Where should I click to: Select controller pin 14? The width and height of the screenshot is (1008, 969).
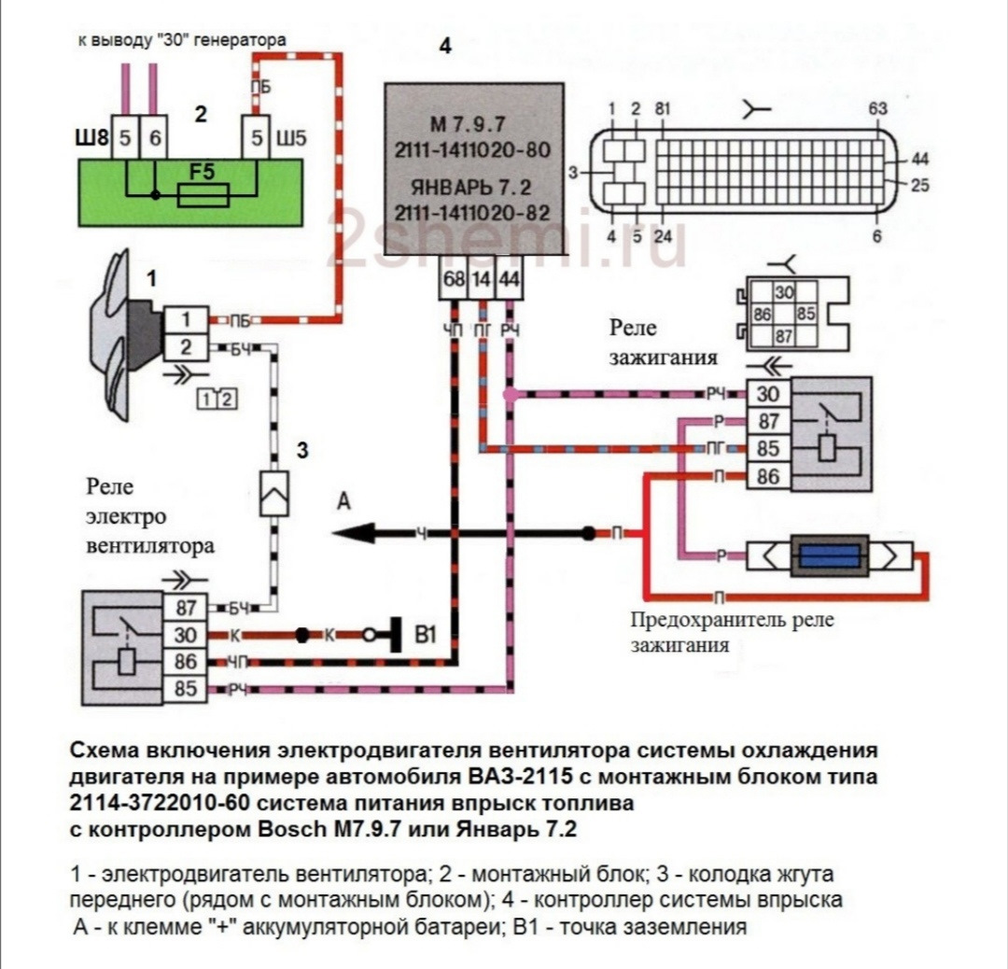[x=482, y=279]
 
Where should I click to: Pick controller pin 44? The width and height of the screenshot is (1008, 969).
[x=510, y=279]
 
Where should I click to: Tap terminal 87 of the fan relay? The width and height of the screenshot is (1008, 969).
[x=186, y=608]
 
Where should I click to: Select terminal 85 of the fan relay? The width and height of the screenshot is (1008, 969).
[x=186, y=691]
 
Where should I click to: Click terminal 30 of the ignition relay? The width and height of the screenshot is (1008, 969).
[x=769, y=393]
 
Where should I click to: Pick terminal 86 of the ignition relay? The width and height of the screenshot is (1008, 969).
[x=769, y=477]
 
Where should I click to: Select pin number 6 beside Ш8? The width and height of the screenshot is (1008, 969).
[x=155, y=139]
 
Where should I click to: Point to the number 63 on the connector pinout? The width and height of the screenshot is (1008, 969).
[x=877, y=108]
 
